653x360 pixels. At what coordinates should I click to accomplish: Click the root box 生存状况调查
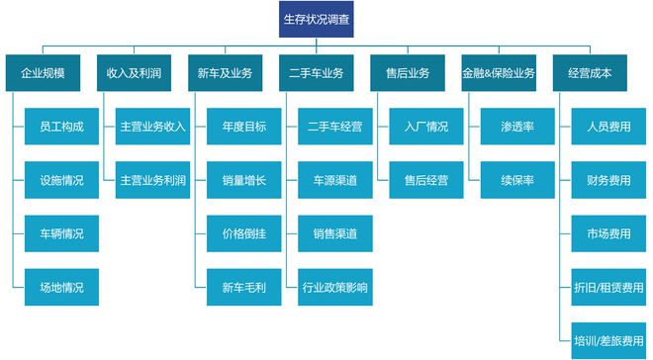tap(316, 19)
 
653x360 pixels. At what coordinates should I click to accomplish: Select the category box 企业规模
tap(43, 73)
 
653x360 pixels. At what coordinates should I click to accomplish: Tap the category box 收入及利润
tap(134, 73)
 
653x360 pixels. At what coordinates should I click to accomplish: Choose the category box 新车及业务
tap(225, 73)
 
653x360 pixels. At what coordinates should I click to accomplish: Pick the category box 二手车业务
tap(316, 73)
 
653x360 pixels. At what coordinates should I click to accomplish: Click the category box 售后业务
tap(407, 73)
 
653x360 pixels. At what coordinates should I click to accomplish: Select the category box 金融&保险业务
tap(498, 73)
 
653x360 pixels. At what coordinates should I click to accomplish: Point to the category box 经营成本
tap(590, 73)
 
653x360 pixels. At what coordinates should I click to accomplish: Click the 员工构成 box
tap(62, 127)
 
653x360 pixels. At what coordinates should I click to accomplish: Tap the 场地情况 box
tap(62, 288)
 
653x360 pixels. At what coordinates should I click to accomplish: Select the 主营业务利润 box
tap(152, 181)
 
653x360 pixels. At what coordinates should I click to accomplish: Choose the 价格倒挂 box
tap(243, 234)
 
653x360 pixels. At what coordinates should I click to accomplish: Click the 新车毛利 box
tap(243, 288)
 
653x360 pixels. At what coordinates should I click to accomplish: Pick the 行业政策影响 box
tap(334, 288)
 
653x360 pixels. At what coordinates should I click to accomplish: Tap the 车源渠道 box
tap(334, 181)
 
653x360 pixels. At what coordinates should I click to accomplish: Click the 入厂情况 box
tap(426, 127)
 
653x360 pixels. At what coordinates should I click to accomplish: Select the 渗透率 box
tap(517, 127)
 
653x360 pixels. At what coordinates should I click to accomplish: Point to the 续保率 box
tap(517, 181)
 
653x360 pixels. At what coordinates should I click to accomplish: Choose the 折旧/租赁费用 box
tap(608, 288)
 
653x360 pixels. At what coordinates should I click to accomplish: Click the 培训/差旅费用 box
tap(608, 341)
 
